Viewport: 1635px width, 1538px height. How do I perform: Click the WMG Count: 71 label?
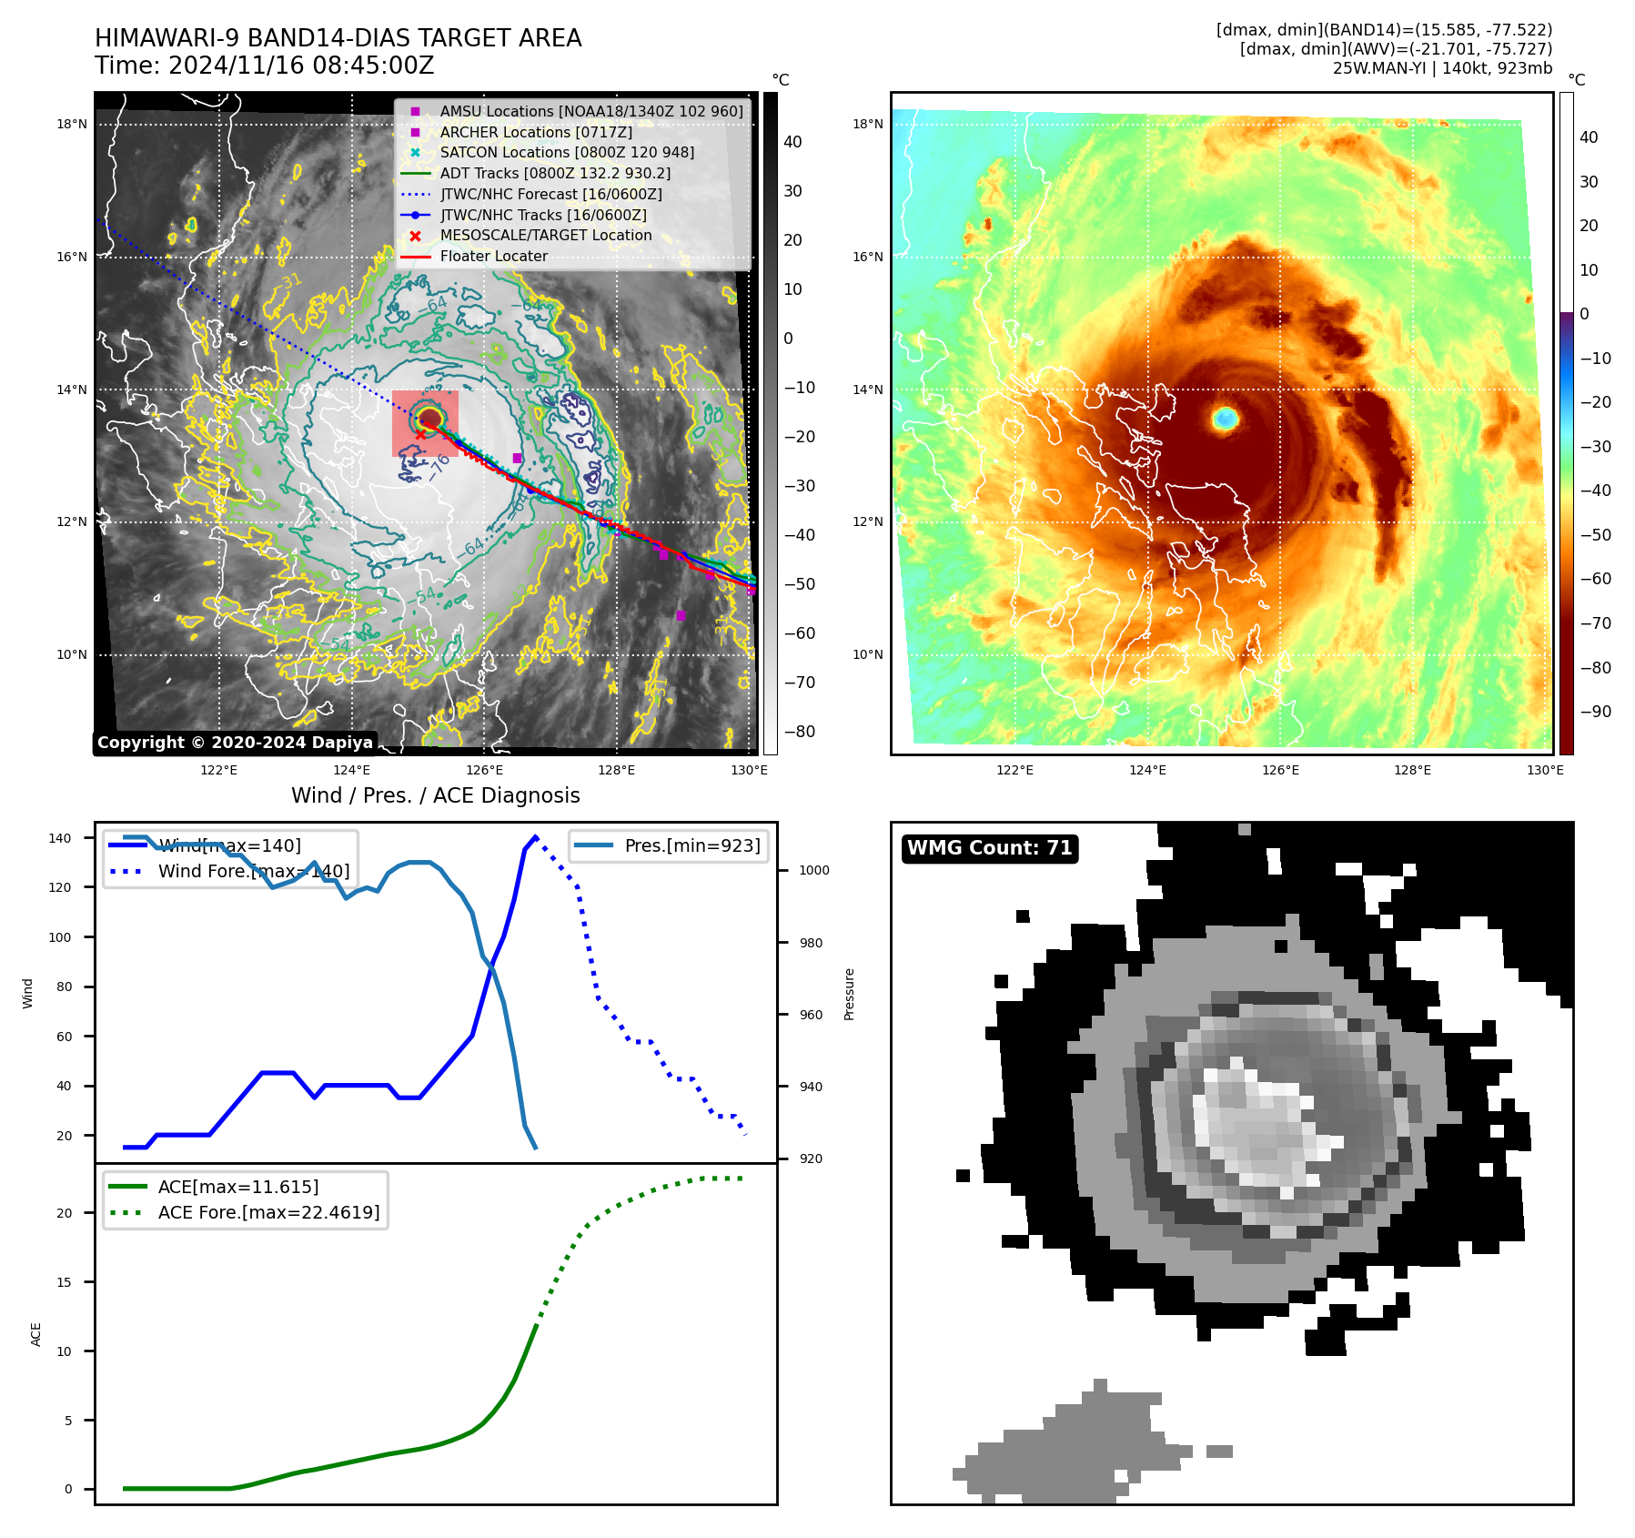pyautogui.click(x=989, y=848)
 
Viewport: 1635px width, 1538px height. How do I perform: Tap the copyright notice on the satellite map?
pyautogui.click(x=235, y=743)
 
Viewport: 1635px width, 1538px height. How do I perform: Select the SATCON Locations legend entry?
pyautogui.click(x=566, y=153)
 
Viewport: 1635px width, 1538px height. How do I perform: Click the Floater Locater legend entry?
pyautogui.click(x=493, y=257)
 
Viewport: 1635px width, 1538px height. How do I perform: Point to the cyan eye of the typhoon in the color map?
pyautogui.click(x=1226, y=419)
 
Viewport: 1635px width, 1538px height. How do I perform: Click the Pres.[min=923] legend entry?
pyautogui.click(x=691, y=845)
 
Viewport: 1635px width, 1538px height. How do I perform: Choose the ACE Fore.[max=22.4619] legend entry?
pyautogui.click(x=268, y=1212)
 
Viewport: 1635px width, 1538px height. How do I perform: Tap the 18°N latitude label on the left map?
pyautogui.click(x=72, y=125)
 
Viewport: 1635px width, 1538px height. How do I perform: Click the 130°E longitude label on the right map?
pyautogui.click(x=1545, y=771)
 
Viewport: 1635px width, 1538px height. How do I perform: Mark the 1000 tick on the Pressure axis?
pyautogui.click(x=814, y=871)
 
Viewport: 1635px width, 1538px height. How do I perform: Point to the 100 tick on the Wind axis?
pyautogui.click(x=60, y=937)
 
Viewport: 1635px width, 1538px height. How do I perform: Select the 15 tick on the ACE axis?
pyautogui.click(x=65, y=1282)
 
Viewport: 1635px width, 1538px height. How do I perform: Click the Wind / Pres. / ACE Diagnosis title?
pyautogui.click(x=435, y=795)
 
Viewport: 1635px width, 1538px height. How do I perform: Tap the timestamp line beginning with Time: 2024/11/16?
pyautogui.click(x=264, y=66)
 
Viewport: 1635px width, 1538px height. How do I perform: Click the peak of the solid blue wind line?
pyautogui.click(x=535, y=836)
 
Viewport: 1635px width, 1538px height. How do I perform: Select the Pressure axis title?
pyautogui.click(x=849, y=994)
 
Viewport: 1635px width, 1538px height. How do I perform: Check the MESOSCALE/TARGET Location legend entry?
pyautogui.click(x=545, y=236)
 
